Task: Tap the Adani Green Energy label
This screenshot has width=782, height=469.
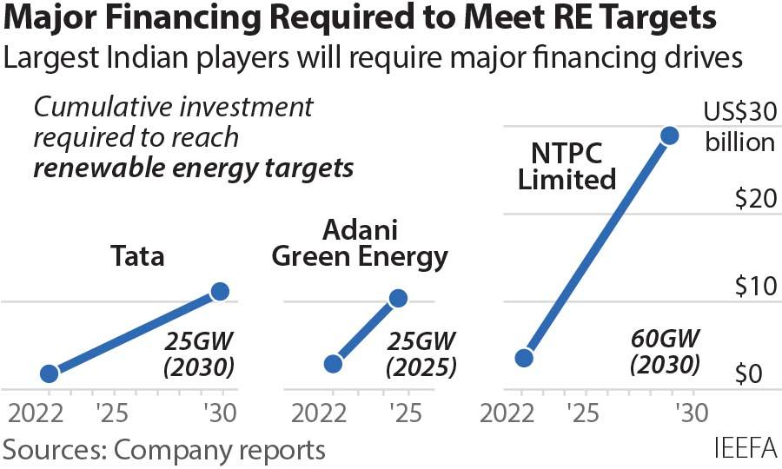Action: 360,243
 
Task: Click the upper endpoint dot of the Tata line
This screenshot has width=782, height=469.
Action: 220,292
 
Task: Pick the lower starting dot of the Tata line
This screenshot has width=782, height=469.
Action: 50,373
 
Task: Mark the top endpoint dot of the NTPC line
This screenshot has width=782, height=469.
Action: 669,135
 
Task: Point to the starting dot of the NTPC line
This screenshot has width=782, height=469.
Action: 523,358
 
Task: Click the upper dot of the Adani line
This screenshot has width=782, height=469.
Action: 398,299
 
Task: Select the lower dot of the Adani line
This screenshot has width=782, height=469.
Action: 333,364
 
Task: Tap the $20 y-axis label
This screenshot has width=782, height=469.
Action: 753,199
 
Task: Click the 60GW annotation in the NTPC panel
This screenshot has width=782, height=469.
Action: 665,337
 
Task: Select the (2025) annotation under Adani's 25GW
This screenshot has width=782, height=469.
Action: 421,367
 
